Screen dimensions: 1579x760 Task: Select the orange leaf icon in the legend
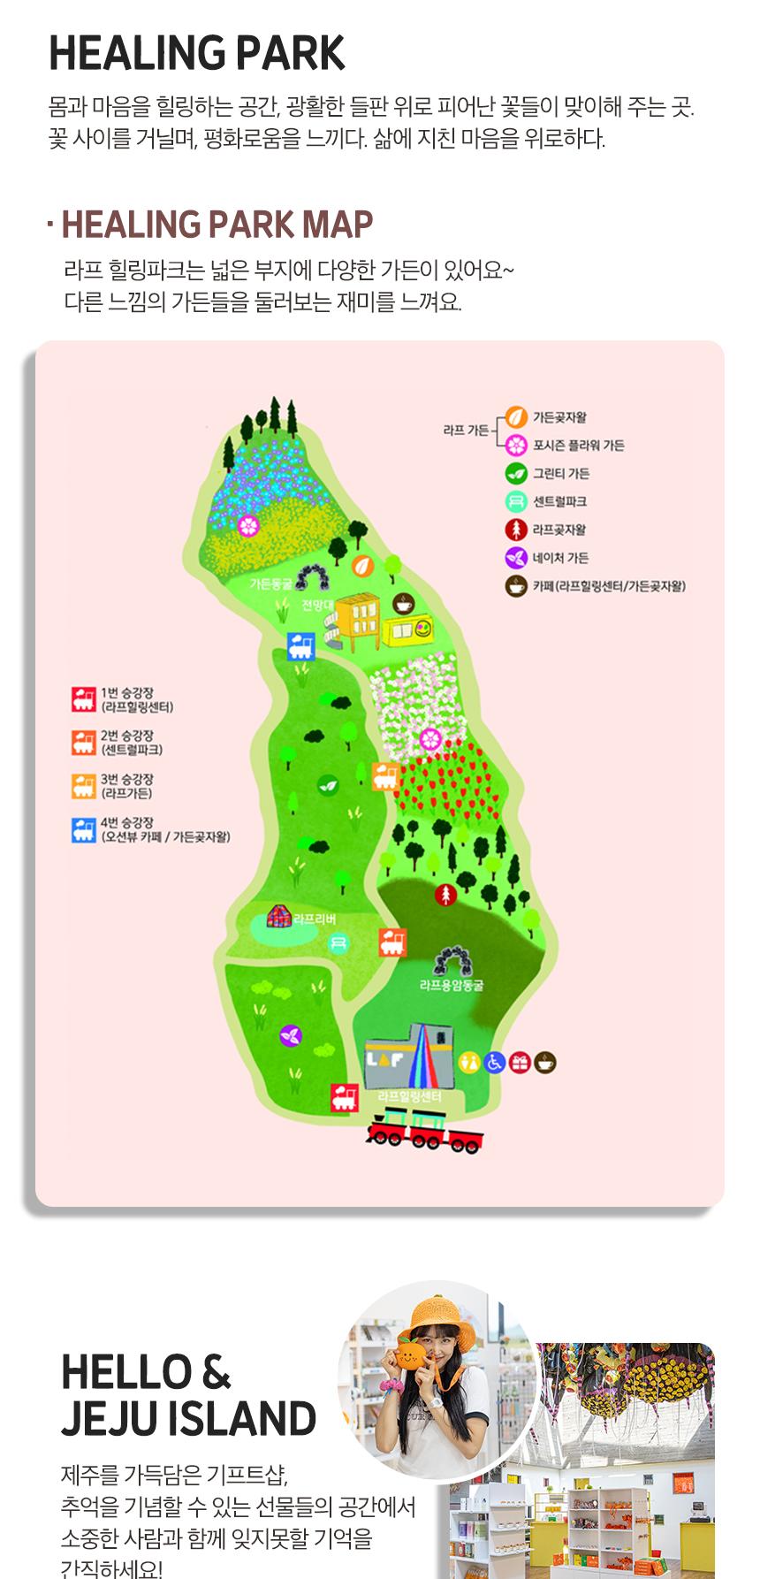516,417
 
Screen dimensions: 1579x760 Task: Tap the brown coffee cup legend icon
516,585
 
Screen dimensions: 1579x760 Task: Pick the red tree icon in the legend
516,530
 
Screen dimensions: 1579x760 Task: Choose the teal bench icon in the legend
516,501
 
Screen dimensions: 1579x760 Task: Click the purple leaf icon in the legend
516,558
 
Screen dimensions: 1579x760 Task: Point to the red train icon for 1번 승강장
84,699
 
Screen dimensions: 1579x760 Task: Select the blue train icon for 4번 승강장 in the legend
84,830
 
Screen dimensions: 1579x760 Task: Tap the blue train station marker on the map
300,646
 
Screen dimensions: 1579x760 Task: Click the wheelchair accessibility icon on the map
494,1062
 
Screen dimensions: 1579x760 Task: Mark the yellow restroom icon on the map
469,1062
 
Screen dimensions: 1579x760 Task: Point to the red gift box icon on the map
519,1062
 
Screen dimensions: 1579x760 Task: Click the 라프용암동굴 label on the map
452,984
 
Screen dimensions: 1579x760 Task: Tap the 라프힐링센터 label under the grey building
408,1096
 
